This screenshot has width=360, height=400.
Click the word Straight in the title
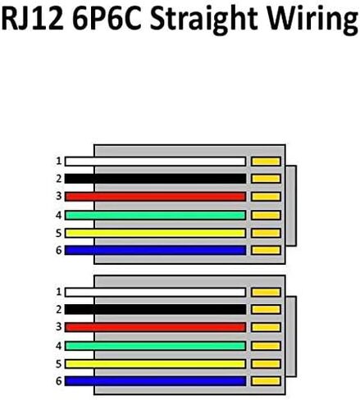[203, 20]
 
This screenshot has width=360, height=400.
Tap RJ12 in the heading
[33, 18]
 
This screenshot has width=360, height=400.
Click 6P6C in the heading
[107, 18]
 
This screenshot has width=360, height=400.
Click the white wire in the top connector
[155, 161]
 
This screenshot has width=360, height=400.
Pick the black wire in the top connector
[155, 179]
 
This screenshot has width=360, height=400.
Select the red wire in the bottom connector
[155, 327]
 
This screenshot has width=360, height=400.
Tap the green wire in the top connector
[155, 216]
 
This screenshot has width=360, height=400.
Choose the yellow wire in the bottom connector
[155, 364]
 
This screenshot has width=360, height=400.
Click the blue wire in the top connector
[155, 250]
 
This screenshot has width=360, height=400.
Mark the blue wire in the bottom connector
[155, 381]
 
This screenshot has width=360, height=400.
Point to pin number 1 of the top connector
[59, 161]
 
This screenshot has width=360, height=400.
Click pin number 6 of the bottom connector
[59, 381]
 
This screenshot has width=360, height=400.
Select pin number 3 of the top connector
[59, 196]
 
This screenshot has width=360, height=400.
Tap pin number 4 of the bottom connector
[59, 346]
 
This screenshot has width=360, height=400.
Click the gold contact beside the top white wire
[266, 161]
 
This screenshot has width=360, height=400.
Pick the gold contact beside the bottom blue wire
[266, 381]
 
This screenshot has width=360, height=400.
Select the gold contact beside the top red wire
[266, 197]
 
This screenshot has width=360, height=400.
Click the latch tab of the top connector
[291, 206]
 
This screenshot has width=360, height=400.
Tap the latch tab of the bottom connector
[291, 336]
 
